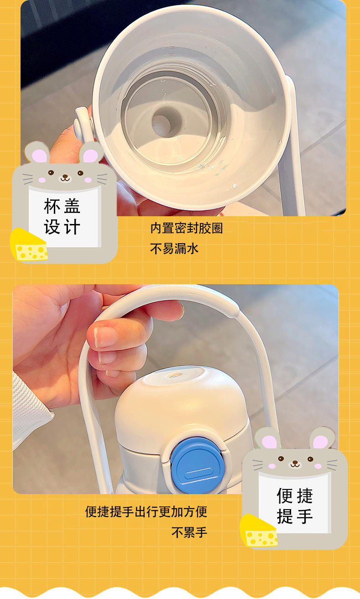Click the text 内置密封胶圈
[x=186, y=228]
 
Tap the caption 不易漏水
[x=174, y=249]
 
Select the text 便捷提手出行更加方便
[x=146, y=511]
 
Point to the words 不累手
[x=189, y=532]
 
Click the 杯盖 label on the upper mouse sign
[x=63, y=206]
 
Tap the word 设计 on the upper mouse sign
[x=63, y=227]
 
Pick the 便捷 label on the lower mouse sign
[x=294, y=495]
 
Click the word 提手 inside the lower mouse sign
[x=294, y=516]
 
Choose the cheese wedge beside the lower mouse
[x=259, y=531]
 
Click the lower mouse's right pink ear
[x=320, y=442]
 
